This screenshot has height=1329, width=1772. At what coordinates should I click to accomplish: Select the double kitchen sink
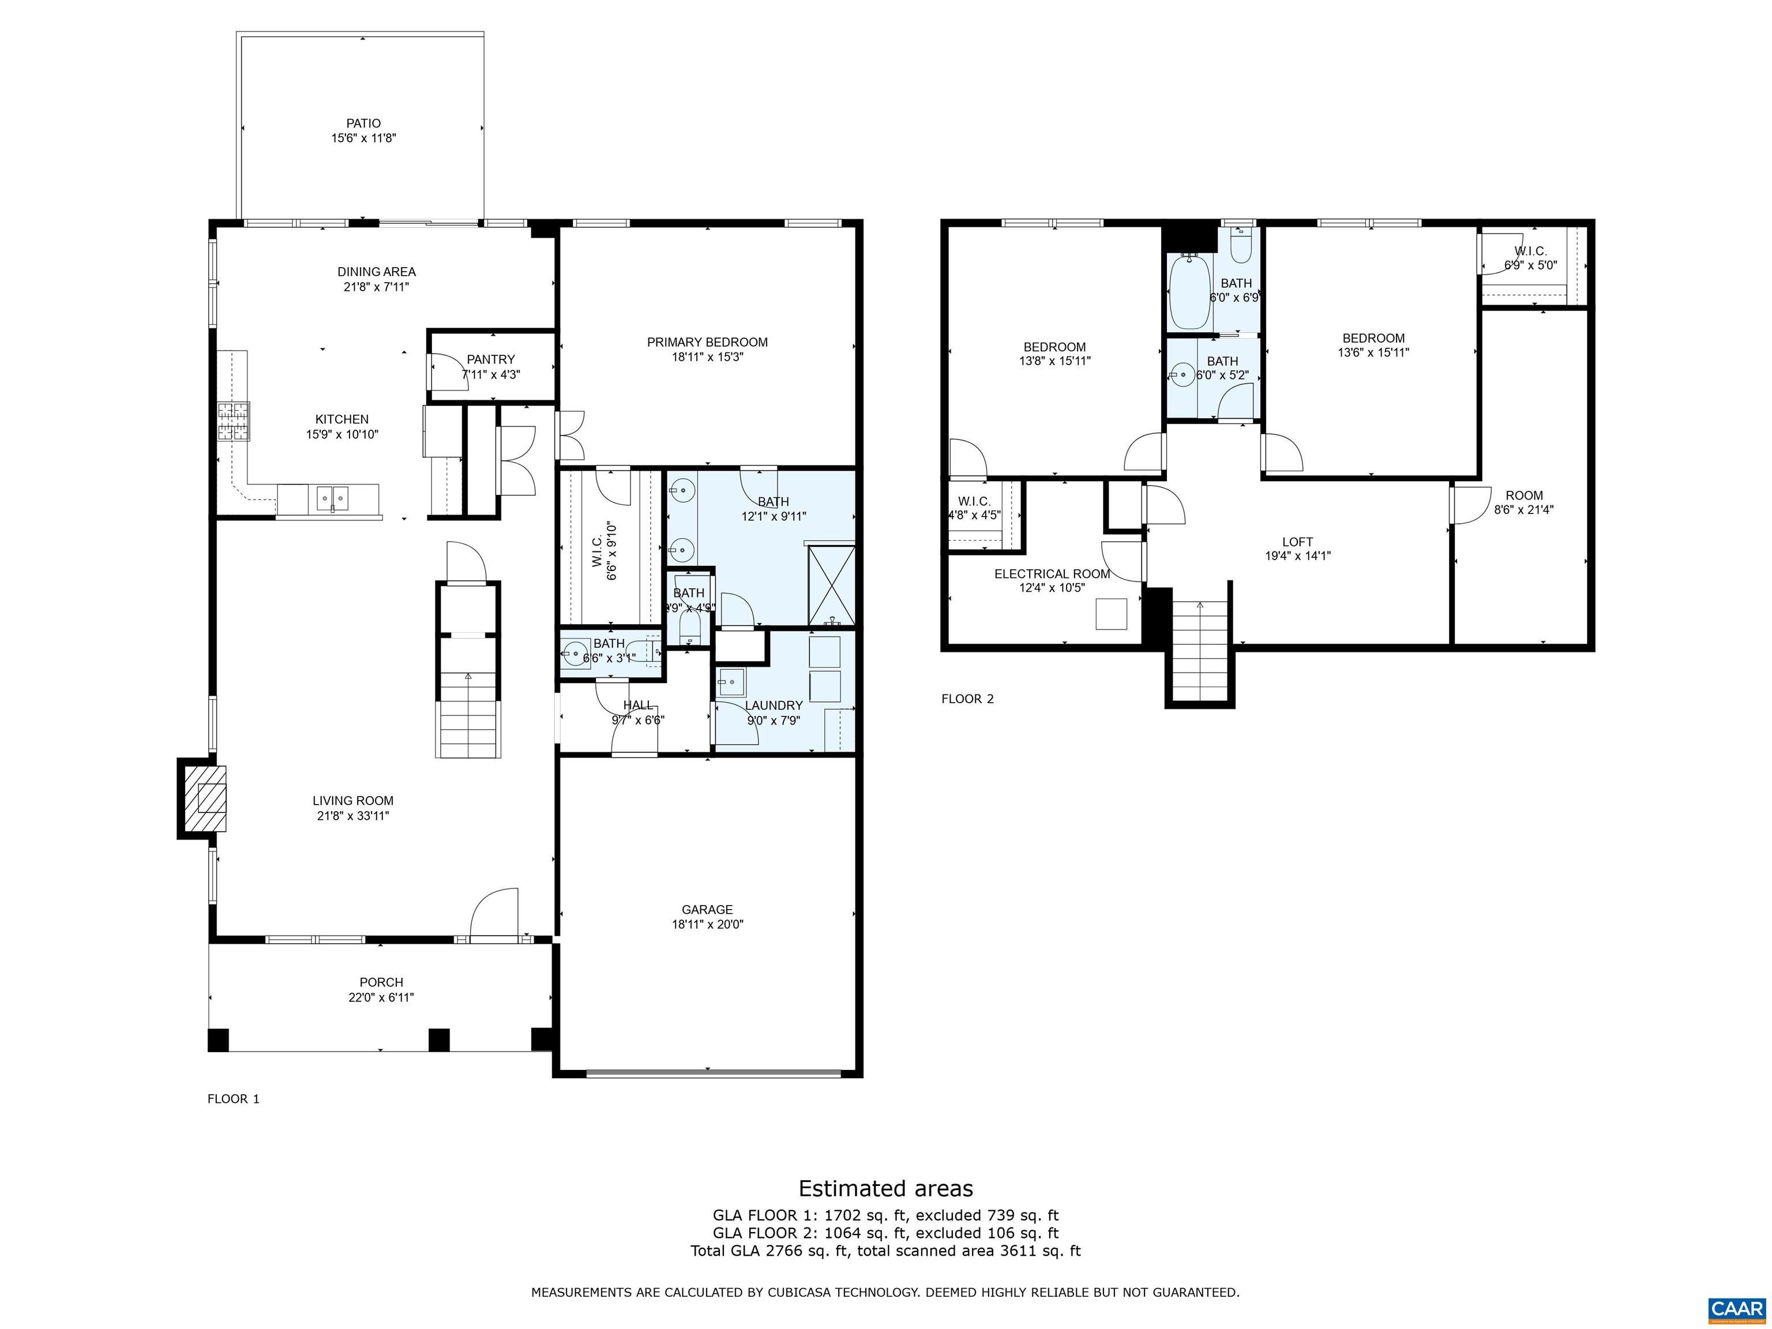point(330,498)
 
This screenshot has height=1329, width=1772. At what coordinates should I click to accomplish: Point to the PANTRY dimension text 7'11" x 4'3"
point(490,374)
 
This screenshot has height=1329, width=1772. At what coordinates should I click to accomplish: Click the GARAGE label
point(707,909)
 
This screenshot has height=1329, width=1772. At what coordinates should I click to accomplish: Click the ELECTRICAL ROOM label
point(1052,573)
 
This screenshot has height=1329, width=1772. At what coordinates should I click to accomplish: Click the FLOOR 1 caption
point(233,1098)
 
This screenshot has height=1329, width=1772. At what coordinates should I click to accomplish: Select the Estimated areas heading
point(885,1188)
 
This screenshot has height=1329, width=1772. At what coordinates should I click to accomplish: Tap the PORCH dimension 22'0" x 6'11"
point(375,997)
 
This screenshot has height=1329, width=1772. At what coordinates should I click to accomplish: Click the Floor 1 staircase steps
point(468,713)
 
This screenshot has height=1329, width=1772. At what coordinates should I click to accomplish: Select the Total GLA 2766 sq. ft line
point(885,1251)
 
